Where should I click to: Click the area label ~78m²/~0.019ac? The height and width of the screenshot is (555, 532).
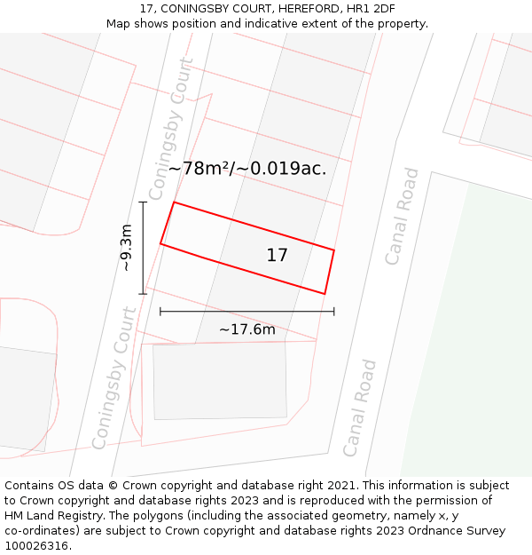(247, 168)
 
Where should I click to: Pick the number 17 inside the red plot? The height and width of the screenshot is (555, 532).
(277, 255)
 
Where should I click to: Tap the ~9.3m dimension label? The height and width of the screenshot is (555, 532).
(126, 248)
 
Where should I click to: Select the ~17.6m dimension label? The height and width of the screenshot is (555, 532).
(247, 330)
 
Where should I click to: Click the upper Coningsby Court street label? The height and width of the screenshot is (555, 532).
(170, 129)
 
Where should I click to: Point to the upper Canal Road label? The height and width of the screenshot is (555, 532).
(402, 216)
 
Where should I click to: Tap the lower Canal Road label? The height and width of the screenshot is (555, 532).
(360, 408)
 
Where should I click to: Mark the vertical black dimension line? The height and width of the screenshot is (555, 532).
(143, 248)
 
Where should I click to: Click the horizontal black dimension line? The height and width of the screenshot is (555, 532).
(247, 312)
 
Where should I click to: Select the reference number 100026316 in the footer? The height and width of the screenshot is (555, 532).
(37, 546)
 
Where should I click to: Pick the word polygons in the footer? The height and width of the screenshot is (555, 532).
(158, 516)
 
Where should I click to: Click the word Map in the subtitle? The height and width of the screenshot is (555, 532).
(120, 24)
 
